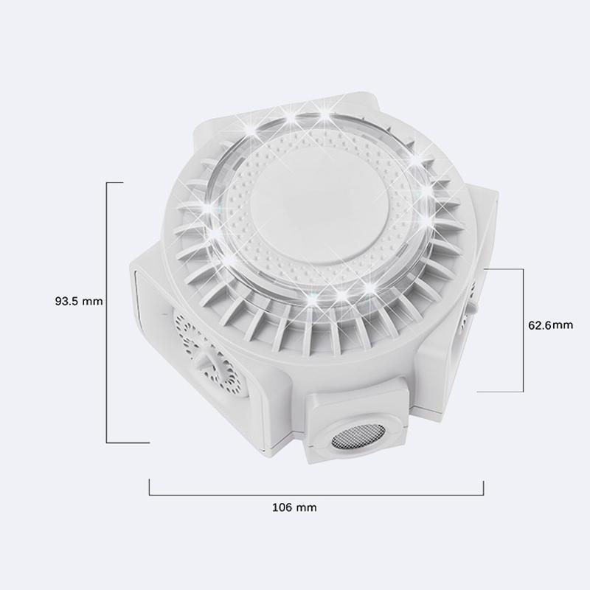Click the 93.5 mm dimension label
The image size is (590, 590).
[78, 301]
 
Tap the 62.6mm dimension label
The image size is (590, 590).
[550, 324]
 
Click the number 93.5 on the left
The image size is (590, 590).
[67, 301]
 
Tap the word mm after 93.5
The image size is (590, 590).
[93, 301]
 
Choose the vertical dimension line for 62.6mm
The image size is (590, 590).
[523, 329]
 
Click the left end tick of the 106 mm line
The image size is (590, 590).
[150, 487]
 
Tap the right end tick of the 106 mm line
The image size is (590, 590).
[483, 487]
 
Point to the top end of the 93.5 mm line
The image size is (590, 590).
[108, 181]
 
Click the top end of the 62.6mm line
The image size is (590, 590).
[523, 269]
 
